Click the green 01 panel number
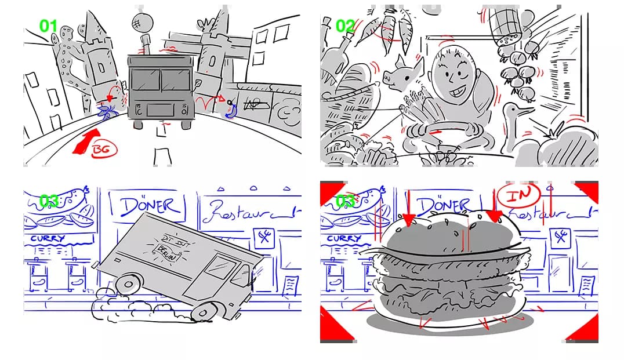pos(49,26)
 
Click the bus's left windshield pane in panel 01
pos(145,80)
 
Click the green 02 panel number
pos(346,26)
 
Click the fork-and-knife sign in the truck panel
pos(264,237)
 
